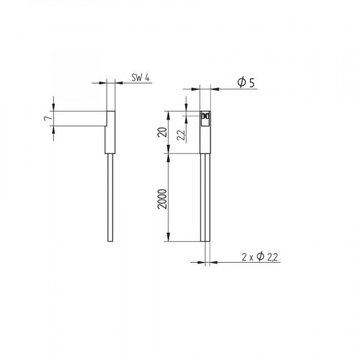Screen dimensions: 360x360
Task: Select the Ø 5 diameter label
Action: [246, 84]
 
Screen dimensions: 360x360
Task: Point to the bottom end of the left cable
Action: [109, 240]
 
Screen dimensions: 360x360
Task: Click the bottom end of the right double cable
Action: [205, 240]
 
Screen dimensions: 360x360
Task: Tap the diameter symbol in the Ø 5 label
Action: [240, 84]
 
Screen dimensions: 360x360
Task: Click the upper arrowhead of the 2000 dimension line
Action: [168, 157]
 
